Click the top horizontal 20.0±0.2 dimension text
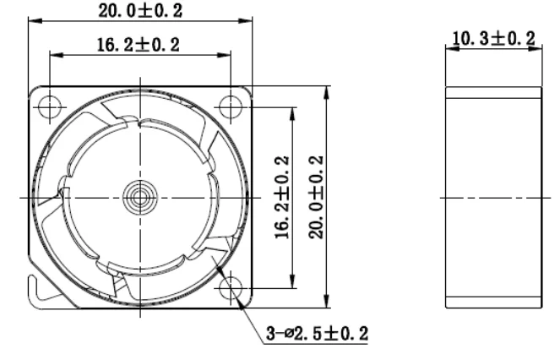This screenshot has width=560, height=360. point(141,10)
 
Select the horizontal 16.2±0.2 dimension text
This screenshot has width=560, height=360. point(139,45)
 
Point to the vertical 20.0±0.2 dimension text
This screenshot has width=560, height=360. point(315,196)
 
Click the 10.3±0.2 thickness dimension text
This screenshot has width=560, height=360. point(494,38)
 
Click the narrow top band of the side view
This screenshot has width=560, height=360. point(493,94)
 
